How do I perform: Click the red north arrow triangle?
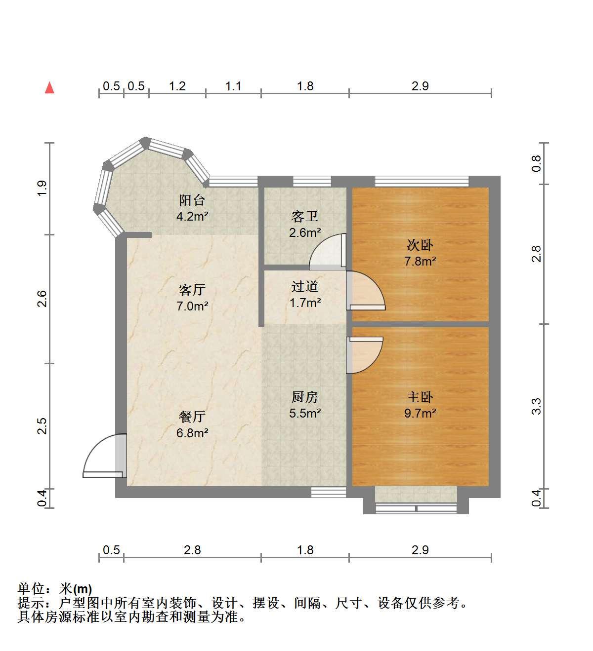pyautogui.click(x=49, y=88)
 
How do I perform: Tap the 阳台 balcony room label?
pyautogui.click(x=192, y=200)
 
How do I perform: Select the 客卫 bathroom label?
pyautogui.click(x=304, y=217)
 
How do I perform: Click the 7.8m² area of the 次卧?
pyautogui.click(x=420, y=261)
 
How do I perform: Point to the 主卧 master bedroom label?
pyautogui.click(x=420, y=397)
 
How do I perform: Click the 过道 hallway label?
pyautogui.click(x=304, y=287)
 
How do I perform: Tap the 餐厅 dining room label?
pyautogui.click(x=192, y=417)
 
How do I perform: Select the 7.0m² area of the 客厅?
pyautogui.click(x=192, y=306)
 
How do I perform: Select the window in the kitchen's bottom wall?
pyautogui.click(x=329, y=492)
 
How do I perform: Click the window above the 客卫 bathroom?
pyautogui.click(x=312, y=182)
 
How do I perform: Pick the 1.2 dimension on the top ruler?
pyautogui.click(x=177, y=86)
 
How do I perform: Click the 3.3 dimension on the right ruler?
pyautogui.click(x=537, y=406)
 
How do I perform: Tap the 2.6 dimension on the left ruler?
pyautogui.click(x=42, y=299)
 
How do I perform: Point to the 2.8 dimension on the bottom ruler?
pyautogui.click(x=192, y=550)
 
